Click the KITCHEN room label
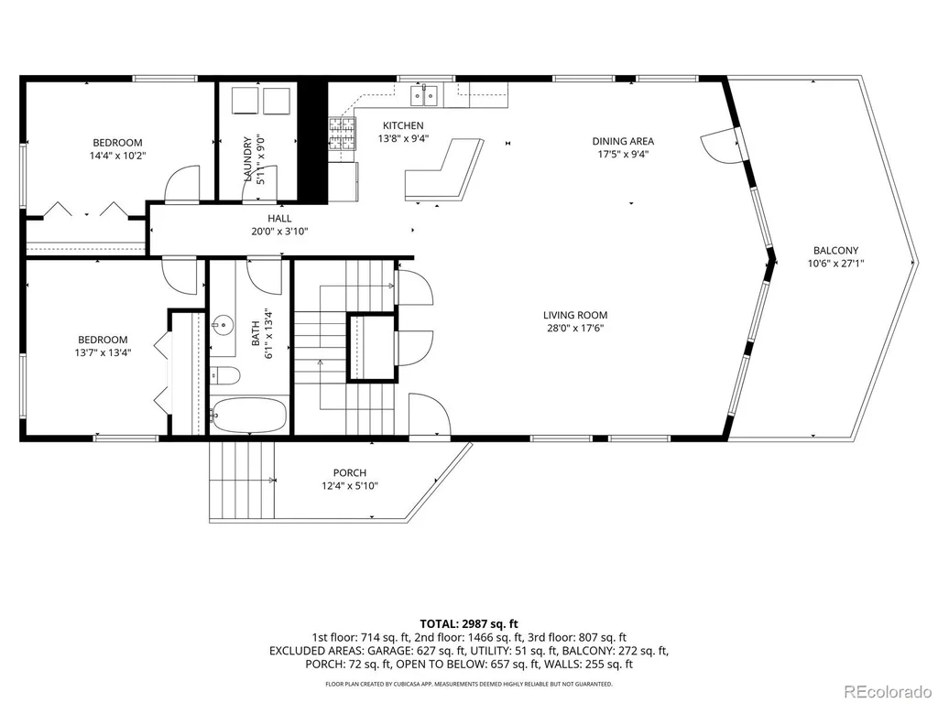(403, 125)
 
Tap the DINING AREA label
(623, 141)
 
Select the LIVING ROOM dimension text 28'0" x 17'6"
(575, 328)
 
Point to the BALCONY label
(835, 251)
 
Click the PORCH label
(350, 473)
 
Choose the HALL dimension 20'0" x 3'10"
(279, 232)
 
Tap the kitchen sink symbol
(424, 95)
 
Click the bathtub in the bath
(249, 415)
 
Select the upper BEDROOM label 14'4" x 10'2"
(117, 149)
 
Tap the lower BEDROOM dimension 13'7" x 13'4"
(103, 352)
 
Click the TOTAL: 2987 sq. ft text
(468, 624)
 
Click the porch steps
(242, 481)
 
